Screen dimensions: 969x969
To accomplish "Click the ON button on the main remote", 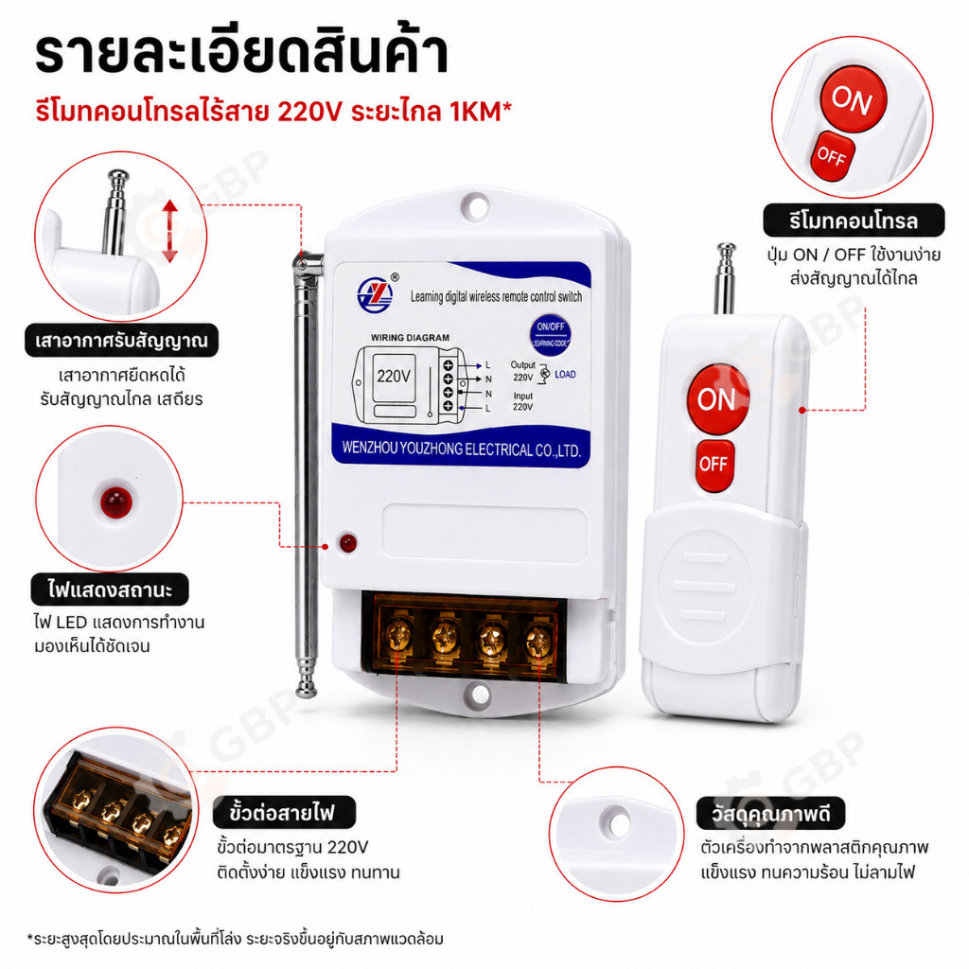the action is pyautogui.click(x=718, y=398).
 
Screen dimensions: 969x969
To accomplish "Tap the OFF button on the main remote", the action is pyautogui.click(x=715, y=465).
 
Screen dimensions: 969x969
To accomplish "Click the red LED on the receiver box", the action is pyautogui.click(x=348, y=542).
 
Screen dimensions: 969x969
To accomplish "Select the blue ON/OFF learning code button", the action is pyautogui.click(x=550, y=335).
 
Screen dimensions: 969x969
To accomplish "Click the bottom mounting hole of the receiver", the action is pyautogui.click(x=481, y=694).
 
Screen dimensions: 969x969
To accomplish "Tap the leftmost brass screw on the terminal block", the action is pyautogui.click(x=398, y=635).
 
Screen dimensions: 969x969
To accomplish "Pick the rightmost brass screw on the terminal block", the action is pyautogui.click(x=538, y=643).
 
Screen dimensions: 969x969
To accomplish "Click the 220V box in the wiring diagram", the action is pyautogui.click(x=394, y=376).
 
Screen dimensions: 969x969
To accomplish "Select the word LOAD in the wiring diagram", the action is pyautogui.click(x=565, y=375).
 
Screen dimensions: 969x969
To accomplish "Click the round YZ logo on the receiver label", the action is pyautogui.click(x=375, y=295).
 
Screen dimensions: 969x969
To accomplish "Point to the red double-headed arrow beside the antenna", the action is pyautogui.click(x=170, y=231).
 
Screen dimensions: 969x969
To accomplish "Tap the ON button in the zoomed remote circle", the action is pyautogui.click(x=854, y=99).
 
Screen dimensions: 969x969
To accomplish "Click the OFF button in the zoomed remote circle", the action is pyautogui.click(x=833, y=156).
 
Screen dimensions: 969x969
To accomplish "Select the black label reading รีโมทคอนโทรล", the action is pyautogui.click(x=854, y=220).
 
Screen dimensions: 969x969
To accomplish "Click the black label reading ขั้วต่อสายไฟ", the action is pyautogui.click(x=284, y=812).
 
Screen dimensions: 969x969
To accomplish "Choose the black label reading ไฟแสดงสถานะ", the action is pyautogui.click(x=110, y=590).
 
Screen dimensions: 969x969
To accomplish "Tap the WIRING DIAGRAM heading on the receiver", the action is pyautogui.click(x=410, y=338).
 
